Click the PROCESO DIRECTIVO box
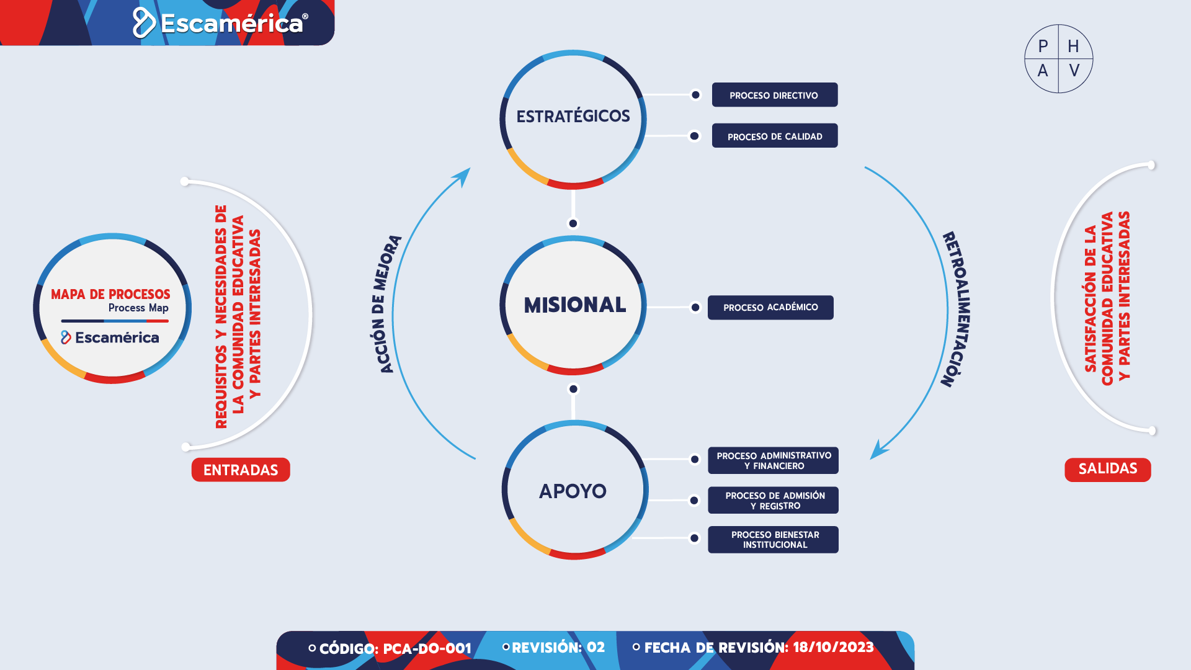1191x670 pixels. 775,95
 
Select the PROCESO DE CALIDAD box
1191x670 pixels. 775,136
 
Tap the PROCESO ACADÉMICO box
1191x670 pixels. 770,308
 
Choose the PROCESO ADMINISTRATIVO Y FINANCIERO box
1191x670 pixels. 774,460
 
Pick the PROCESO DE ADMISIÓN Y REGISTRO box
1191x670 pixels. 774,500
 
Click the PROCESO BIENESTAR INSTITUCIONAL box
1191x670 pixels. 774,540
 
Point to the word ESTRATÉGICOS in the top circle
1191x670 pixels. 573,116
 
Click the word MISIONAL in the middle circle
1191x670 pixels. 575,305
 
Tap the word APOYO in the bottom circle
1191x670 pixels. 573,491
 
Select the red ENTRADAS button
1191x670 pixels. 241,470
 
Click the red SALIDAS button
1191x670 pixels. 1108,470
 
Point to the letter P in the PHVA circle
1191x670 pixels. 1043,47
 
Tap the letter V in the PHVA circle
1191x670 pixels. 1074,71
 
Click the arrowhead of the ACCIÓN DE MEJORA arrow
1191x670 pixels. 463,176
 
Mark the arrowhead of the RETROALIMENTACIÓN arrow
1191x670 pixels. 878,450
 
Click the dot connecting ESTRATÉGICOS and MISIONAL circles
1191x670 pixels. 573,223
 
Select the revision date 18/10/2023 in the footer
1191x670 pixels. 833,648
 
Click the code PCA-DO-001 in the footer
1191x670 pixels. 427,649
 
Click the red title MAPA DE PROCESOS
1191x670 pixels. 110,294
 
